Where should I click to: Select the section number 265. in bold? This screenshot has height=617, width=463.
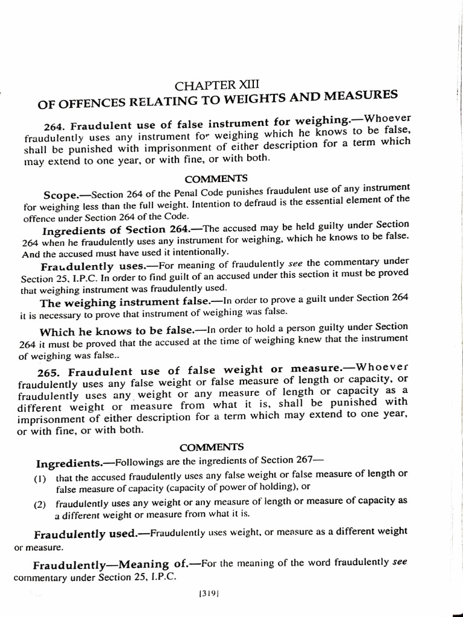click(x=50, y=372)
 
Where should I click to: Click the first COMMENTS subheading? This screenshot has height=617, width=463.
click(x=208, y=178)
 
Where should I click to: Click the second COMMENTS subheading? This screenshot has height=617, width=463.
click(x=212, y=447)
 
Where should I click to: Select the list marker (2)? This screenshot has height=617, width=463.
click(x=40, y=504)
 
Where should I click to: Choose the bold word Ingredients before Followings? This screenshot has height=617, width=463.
click(x=68, y=463)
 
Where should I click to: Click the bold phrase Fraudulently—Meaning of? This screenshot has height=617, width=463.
click(x=111, y=565)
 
